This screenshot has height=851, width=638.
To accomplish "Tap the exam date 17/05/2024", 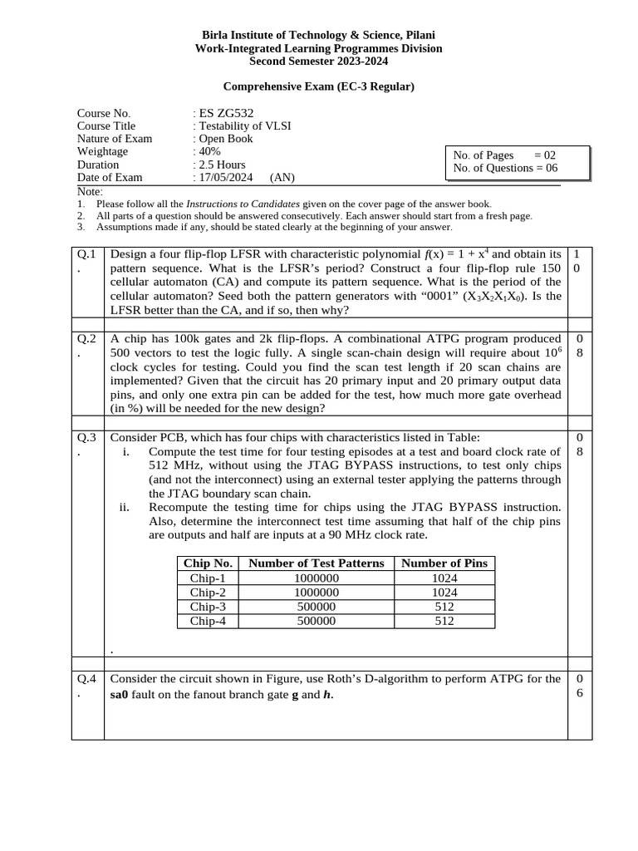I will pos(226,177).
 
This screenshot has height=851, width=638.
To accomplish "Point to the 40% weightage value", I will pos(209,151).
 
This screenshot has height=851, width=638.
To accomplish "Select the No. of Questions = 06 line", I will pos(505,168).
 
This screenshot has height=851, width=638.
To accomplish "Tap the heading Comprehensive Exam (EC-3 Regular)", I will pos(319,86).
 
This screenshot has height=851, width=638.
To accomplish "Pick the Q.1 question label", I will pos(87,253).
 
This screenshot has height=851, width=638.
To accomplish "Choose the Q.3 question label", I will pos(87,437).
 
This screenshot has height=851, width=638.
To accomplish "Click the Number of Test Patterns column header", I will pos(317,563).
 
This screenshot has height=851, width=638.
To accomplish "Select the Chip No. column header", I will pos(208,563).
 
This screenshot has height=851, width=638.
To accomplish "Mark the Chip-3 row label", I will pos(208,607).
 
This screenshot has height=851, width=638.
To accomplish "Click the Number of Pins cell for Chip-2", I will pos(444,593).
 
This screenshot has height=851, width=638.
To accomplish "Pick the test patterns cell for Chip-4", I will pos(317,621).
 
